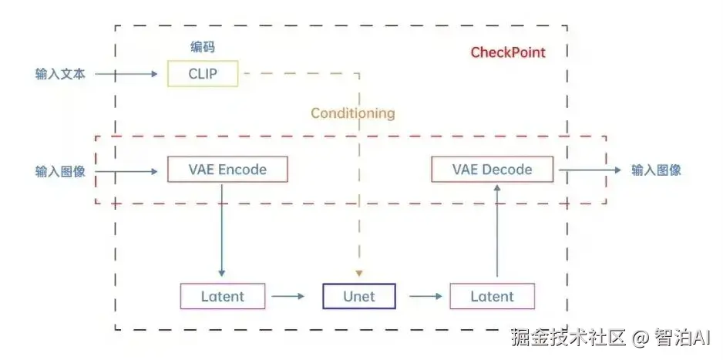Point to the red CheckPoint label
coord(508,52)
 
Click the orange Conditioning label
coord(353,113)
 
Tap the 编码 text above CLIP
coord(203,46)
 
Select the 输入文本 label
coord(60,74)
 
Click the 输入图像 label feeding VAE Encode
coord(60,171)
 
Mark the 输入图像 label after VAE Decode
coord(656,170)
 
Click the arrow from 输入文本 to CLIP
coord(126,74)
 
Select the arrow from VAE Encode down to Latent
coord(222,230)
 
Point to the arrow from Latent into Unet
coord(288,296)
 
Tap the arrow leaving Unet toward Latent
coord(425,296)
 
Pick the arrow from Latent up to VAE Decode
coord(497,230)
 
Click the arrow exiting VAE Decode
coord(590,170)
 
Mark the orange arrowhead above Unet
coord(359,274)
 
